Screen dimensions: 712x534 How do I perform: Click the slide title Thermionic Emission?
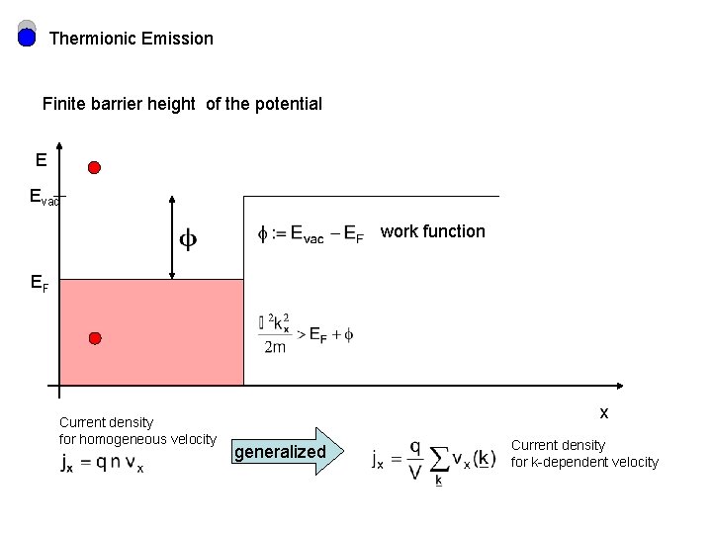click(x=131, y=39)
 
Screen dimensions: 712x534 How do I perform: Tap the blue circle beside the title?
click(x=28, y=39)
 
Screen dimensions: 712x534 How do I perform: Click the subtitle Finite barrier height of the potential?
click(x=182, y=104)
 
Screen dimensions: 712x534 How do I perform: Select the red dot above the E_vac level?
click(x=94, y=167)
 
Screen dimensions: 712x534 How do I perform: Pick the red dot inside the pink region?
click(x=94, y=338)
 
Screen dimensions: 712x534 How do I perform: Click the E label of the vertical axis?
click(x=41, y=159)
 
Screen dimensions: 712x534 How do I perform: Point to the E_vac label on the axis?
click(x=45, y=198)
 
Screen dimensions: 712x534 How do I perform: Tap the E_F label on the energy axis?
click(x=40, y=284)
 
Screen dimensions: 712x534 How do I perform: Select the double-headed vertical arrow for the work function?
click(x=173, y=238)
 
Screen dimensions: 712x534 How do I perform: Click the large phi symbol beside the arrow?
click(x=187, y=239)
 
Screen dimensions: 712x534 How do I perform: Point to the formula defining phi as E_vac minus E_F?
click(x=311, y=235)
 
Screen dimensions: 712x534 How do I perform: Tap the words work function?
click(x=433, y=231)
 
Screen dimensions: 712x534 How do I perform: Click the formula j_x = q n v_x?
click(x=102, y=463)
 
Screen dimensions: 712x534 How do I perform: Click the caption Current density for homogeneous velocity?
click(x=137, y=430)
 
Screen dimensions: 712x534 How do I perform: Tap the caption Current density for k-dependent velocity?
click(x=584, y=454)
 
